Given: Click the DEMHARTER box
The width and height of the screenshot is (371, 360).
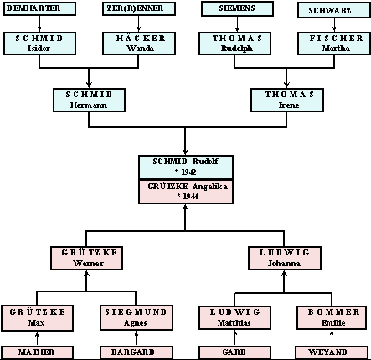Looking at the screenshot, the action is pyautogui.click(x=39, y=8).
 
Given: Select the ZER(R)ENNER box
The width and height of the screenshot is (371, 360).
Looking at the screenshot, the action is pyautogui.click(x=139, y=8).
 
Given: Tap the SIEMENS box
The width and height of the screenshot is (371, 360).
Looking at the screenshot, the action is pyautogui.click(x=237, y=9).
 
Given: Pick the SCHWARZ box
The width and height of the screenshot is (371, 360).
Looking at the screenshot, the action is pyautogui.click(x=334, y=11).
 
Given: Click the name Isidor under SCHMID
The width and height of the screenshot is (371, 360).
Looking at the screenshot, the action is pyautogui.click(x=39, y=49).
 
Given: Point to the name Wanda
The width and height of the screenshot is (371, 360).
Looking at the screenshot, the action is pyautogui.click(x=140, y=49).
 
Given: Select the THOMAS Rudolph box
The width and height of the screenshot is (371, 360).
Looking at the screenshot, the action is pyautogui.click(x=234, y=44).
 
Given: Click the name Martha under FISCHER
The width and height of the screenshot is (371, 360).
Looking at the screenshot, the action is pyautogui.click(x=336, y=49).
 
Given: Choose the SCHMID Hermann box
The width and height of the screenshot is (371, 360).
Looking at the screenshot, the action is pyautogui.click(x=89, y=100).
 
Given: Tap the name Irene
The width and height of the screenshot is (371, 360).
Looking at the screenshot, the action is pyautogui.click(x=289, y=105).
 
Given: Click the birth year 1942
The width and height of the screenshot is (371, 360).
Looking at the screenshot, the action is pyautogui.click(x=188, y=172).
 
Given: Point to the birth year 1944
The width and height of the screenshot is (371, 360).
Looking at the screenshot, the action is pyautogui.click(x=191, y=197).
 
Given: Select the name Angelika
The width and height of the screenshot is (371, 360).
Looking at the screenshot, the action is pyautogui.click(x=210, y=187).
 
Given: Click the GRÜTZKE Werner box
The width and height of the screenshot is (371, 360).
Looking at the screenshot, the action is pyautogui.click(x=86, y=258).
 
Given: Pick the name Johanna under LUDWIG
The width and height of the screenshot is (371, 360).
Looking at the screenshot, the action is pyautogui.click(x=284, y=264).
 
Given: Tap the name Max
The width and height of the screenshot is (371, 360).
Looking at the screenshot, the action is pyautogui.click(x=36, y=323).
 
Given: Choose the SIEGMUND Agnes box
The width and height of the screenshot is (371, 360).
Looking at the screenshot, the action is pyautogui.click(x=137, y=317).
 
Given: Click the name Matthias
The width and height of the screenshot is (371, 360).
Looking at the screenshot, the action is pyautogui.click(x=234, y=323).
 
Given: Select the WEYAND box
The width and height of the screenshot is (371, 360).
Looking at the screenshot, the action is pyautogui.click(x=332, y=352).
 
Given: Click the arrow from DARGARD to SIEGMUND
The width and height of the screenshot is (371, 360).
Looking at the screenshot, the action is pyautogui.click(x=137, y=338).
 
